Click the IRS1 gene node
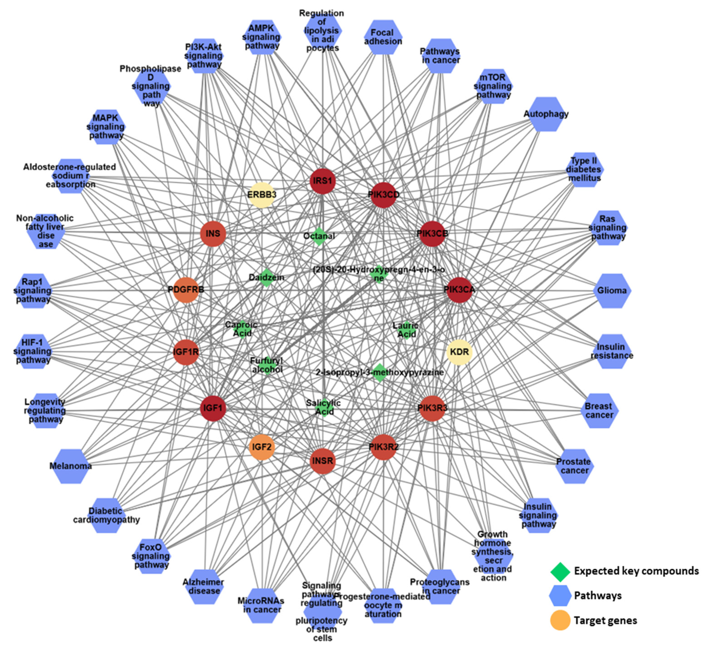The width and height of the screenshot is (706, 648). tap(323, 181)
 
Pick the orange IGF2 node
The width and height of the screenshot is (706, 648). tap(262, 447)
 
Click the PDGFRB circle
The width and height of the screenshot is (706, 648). tap(186, 290)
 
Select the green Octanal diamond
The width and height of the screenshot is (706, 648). tap(319, 237)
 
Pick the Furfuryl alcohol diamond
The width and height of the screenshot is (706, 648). tap(267, 365)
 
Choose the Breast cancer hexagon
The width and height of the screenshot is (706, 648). tap(599, 411)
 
